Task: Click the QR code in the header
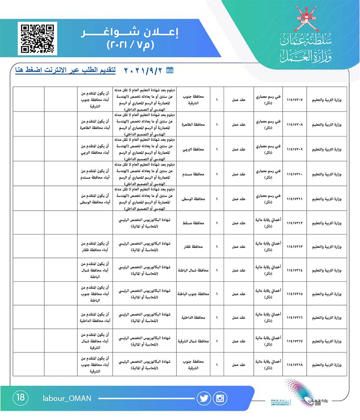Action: [x=37, y=38]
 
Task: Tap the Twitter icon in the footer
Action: [x=204, y=398]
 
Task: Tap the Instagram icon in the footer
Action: [x=220, y=398]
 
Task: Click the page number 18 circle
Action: [x=21, y=398]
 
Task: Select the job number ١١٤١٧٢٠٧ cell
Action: [x=294, y=99]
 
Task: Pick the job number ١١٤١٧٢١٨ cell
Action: [x=294, y=365]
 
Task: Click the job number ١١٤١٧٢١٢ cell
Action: [x=294, y=223]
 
